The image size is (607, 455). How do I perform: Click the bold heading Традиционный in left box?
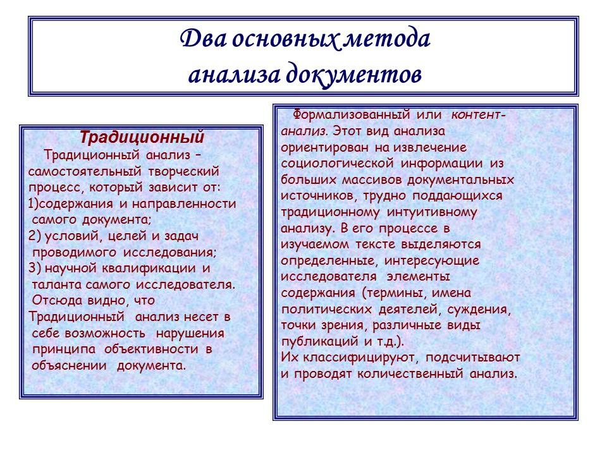pyautogui.click(x=141, y=136)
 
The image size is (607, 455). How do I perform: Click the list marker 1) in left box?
pyautogui.click(x=35, y=204)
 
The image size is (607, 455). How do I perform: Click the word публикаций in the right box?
pyautogui.click(x=312, y=341)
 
